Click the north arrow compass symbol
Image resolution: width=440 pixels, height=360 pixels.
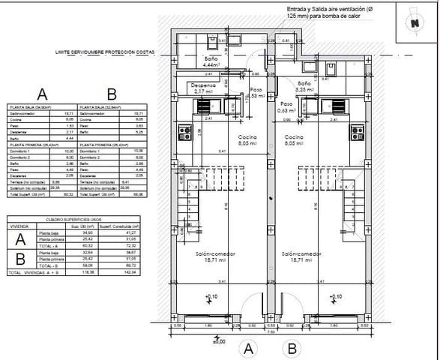point(415,22)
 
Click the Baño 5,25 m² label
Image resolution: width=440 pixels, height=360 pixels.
point(304,86)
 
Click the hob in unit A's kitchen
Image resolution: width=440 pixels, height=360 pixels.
point(184,133)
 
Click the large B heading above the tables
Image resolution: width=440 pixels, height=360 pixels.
point(112,94)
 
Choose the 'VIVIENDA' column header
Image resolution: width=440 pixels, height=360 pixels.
point(19,224)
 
